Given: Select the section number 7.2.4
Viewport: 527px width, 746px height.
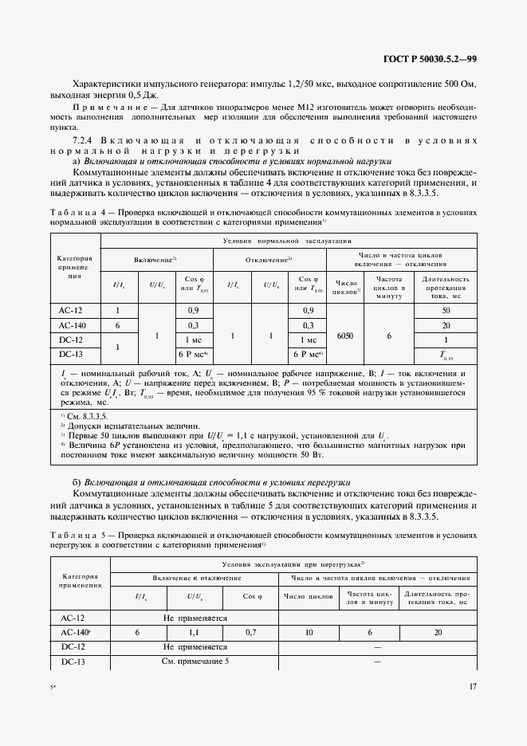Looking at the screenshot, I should point(84,141).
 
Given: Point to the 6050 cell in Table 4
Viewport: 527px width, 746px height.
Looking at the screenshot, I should point(344,336).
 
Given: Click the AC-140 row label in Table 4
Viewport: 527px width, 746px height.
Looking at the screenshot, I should point(73,325).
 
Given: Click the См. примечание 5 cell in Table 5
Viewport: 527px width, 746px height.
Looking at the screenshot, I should point(195,662).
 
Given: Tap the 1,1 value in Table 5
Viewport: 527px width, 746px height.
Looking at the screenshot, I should point(195,632).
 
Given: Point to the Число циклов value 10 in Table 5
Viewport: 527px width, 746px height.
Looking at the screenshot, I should point(308,632).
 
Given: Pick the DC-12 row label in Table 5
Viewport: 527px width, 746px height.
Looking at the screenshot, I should point(78,646).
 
